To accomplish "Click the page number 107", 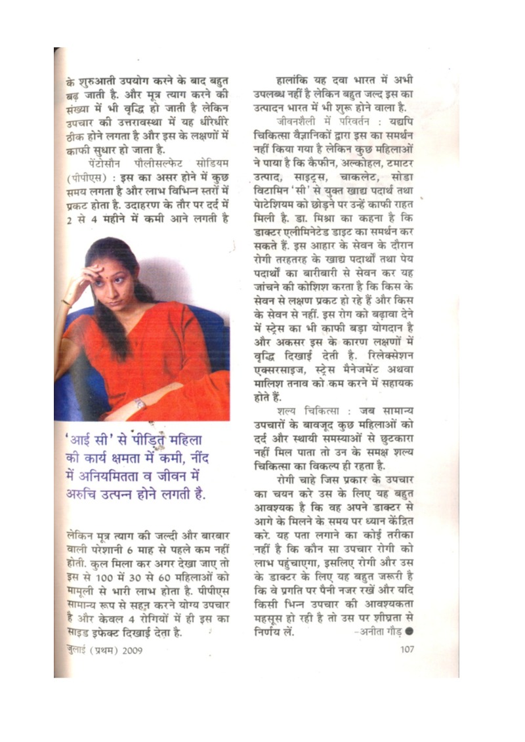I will (406, 650).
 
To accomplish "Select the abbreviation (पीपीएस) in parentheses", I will (81, 176).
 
